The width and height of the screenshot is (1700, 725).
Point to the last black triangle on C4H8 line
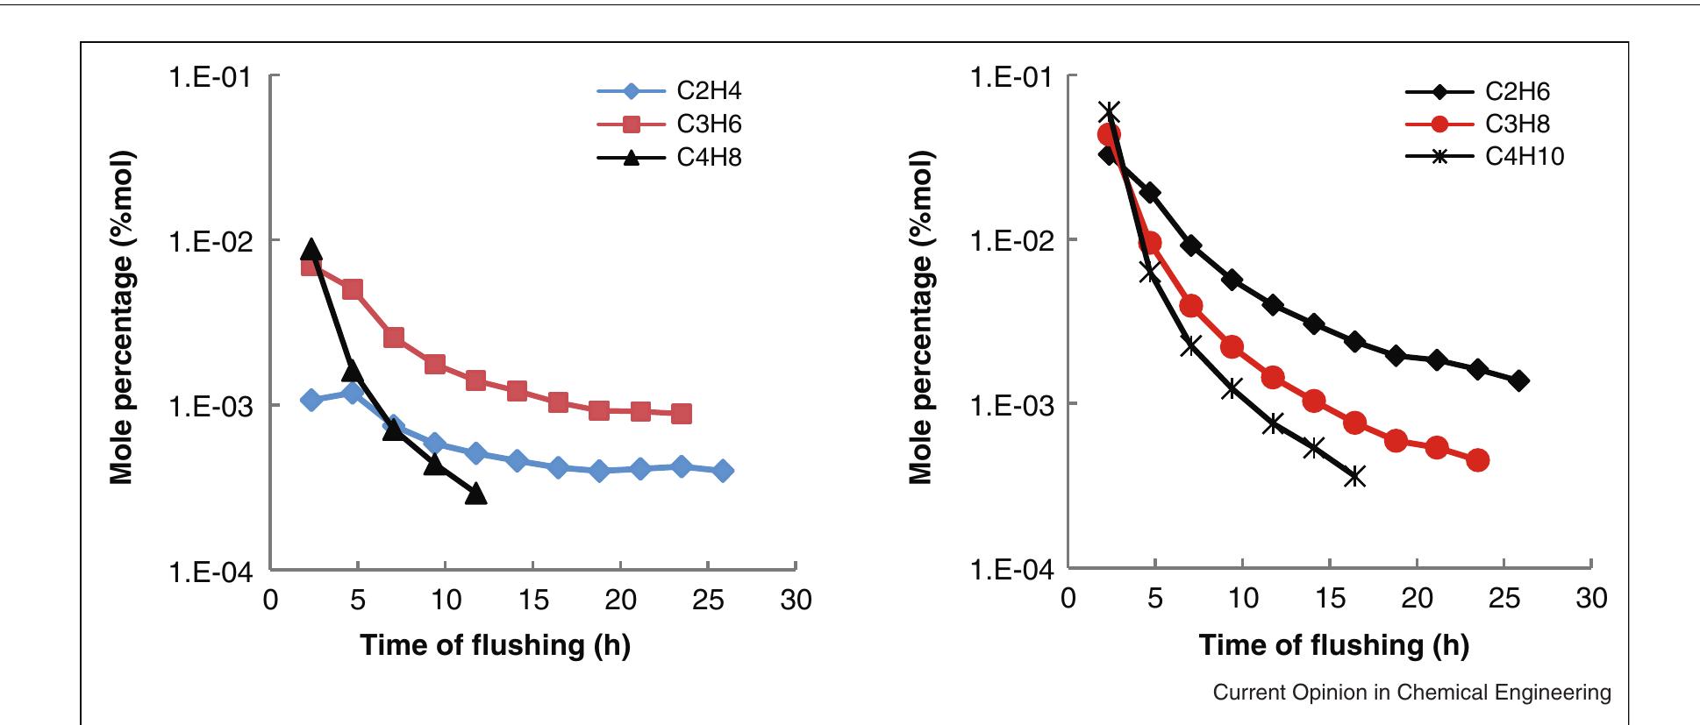tap(475, 494)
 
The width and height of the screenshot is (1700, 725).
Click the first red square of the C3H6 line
tap(311, 265)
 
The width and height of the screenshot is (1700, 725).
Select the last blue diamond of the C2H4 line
tap(724, 471)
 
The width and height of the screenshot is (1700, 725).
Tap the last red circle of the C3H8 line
tap(1477, 460)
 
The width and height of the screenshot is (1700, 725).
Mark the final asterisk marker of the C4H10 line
tap(1355, 476)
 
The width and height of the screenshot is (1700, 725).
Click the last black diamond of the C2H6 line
tap(1519, 380)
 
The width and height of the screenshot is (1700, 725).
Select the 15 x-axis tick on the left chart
tap(532, 601)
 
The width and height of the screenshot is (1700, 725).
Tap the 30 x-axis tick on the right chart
tap(1591, 600)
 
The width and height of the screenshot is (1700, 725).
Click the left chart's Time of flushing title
tap(495, 646)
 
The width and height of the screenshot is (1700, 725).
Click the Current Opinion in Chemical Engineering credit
tap(1411, 693)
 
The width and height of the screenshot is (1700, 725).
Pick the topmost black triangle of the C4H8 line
tap(311, 250)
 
